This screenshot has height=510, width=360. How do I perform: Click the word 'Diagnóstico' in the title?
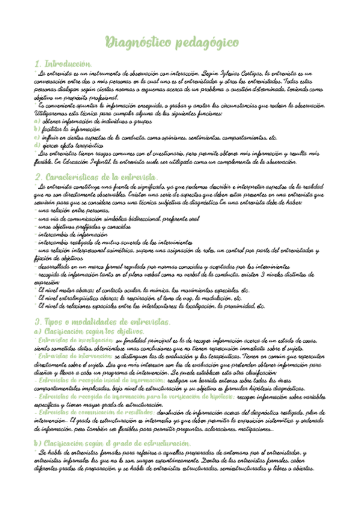tap(136, 42)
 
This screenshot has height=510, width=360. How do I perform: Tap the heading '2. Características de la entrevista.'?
tap(97, 177)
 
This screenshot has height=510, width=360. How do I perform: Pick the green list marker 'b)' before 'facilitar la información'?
tap(37, 128)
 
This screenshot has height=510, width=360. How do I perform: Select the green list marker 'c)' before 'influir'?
tap(37, 137)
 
